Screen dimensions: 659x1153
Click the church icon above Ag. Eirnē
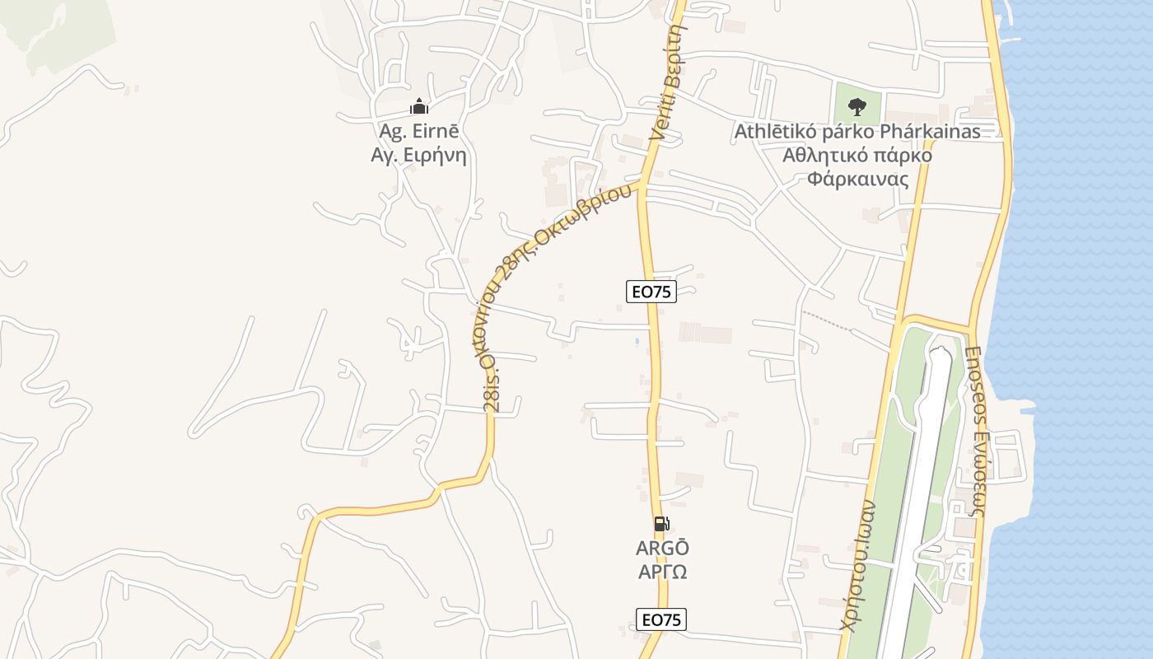419,106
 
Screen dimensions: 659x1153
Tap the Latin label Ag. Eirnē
419,131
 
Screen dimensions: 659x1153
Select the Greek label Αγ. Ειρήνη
419,154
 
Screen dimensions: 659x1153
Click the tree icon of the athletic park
857,106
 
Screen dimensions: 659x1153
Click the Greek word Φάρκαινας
857,179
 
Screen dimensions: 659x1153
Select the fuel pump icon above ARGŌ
661,523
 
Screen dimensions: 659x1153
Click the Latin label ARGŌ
662,548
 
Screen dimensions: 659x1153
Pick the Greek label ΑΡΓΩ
662,571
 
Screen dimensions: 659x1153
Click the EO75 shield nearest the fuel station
661,619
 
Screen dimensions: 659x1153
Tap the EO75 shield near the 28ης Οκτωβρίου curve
651,291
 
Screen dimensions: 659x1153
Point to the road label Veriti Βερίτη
668,78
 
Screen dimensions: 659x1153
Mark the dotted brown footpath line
828,322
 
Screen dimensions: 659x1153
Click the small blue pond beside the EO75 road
636,339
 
